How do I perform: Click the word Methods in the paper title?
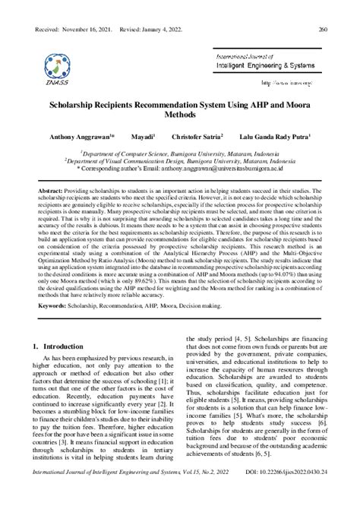pos(179,115)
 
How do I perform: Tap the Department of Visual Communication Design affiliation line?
pos(179,163)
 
